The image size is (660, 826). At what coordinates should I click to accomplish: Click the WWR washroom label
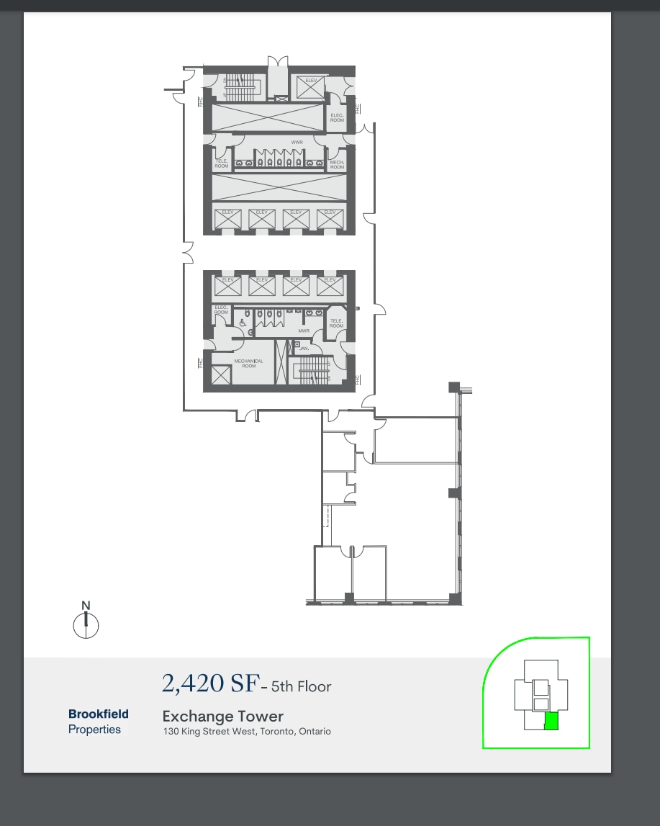point(297,143)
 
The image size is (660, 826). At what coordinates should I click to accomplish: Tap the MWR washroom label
point(303,331)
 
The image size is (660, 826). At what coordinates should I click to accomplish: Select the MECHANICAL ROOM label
point(248,363)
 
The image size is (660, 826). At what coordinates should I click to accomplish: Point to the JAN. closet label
point(304,348)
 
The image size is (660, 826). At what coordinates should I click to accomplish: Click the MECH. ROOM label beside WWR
point(337,164)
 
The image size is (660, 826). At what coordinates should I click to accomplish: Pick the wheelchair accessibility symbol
point(243,323)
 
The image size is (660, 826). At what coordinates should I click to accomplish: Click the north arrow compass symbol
point(86,624)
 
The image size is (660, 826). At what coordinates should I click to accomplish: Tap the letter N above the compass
point(86,606)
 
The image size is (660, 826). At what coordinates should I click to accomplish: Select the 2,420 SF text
point(209,683)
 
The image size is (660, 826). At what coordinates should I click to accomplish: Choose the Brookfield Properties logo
point(99,722)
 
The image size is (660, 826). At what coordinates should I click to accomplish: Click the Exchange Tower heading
point(223,717)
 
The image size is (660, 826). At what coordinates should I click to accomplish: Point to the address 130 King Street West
point(247,732)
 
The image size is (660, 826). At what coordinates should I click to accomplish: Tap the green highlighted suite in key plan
point(551,721)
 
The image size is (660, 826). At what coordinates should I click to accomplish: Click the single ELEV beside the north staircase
point(312,87)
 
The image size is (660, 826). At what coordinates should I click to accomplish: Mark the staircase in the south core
point(313,372)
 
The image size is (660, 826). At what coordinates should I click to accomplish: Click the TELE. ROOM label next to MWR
point(336,323)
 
